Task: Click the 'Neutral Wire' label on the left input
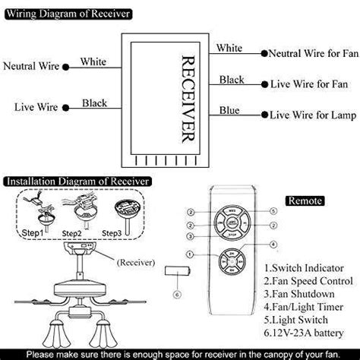(32, 67)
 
